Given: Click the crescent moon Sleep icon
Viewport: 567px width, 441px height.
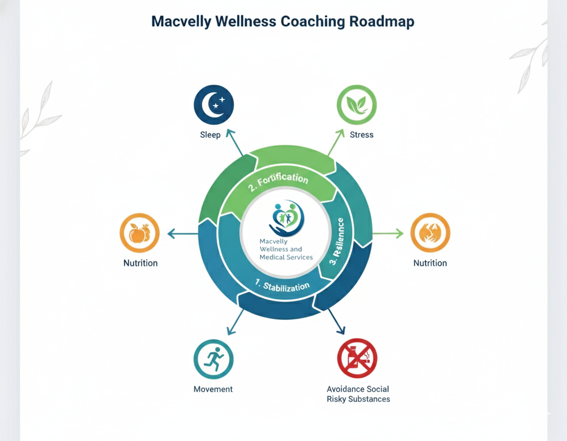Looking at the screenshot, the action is click(x=214, y=104).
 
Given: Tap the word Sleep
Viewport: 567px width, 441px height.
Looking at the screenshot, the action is click(x=210, y=135).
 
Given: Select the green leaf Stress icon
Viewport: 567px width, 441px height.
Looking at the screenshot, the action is click(x=356, y=105).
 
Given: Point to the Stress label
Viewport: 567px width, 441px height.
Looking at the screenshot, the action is click(x=361, y=135).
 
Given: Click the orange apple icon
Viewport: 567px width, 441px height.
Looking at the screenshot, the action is click(x=139, y=233).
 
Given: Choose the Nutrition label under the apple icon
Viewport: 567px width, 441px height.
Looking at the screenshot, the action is click(x=140, y=263).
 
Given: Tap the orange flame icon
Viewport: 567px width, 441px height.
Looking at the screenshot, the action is click(x=430, y=233).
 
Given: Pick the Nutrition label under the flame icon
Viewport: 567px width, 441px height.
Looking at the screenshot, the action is click(x=430, y=263).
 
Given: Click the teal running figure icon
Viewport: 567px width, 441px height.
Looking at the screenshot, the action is click(x=213, y=359).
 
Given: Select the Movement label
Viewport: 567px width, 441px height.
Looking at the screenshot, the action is click(x=213, y=389).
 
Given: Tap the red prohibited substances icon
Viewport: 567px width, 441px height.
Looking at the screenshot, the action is click(x=357, y=358).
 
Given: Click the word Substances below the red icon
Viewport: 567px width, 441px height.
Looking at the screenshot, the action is click(x=366, y=399).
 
